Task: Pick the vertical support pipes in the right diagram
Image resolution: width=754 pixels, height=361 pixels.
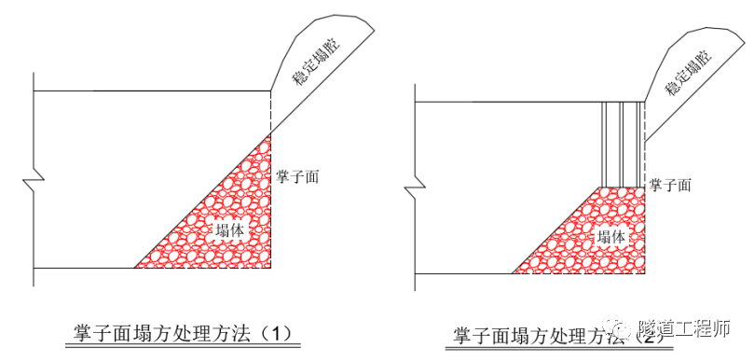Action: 621,144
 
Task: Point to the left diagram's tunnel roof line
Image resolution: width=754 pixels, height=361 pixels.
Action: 149,90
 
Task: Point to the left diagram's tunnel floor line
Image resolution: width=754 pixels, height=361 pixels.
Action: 84,268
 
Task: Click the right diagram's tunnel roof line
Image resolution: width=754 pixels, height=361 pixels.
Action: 503,102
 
